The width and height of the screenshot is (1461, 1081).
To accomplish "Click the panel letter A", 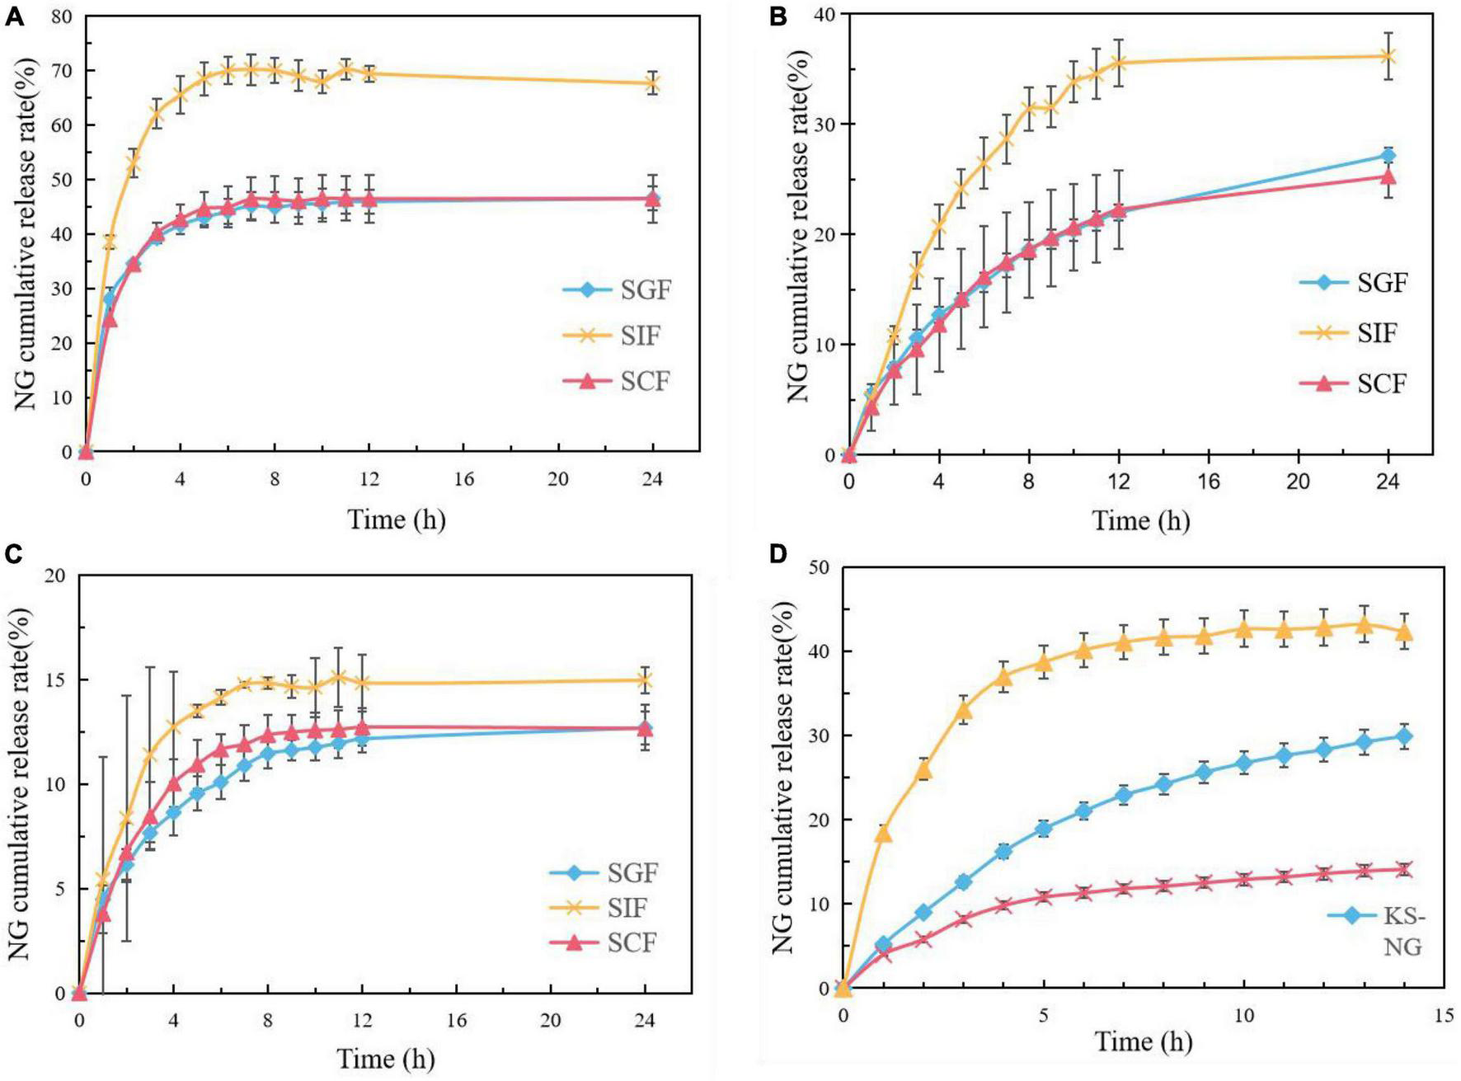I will [14, 16].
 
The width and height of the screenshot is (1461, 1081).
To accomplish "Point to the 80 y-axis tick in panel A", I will [61, 16].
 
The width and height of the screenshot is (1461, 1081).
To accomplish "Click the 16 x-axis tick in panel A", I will [463, 479].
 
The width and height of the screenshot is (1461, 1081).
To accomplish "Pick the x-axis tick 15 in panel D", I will [1444, 1016].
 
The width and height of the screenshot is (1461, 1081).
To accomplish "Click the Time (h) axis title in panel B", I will [1141, 520].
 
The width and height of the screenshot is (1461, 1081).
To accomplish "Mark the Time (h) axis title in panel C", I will [385, 1059].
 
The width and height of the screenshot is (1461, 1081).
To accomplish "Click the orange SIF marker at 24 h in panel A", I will [652, 83].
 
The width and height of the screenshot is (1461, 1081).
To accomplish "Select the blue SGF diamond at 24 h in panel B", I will [1388, 156].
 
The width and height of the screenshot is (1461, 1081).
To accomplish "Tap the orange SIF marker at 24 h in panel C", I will [645, 680].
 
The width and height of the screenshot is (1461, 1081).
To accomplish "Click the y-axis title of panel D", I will [784, 777].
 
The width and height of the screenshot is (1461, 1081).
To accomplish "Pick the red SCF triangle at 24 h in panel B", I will [1388, 176].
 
